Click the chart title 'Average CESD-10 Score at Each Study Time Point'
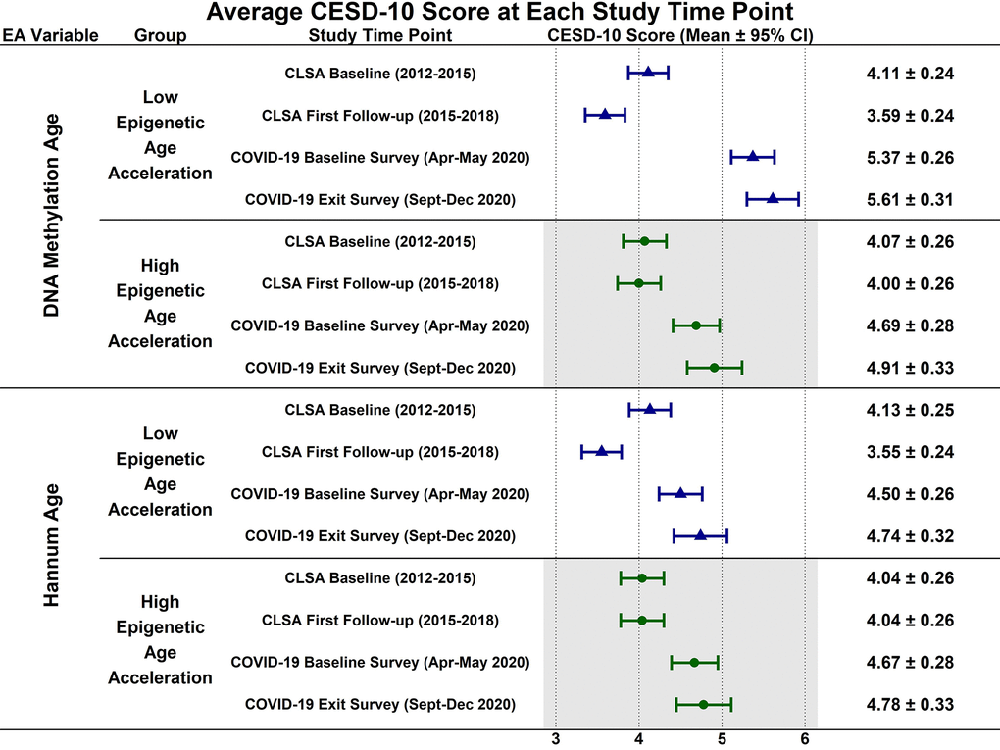click(499, 13)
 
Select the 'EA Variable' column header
click(50, 36)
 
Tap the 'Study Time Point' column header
click(380, 36)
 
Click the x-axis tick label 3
click(556, 740)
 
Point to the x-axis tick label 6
click(805, 740)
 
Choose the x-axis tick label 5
click(722, 740)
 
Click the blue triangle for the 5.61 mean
click(773, 198)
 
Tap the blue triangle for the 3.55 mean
click(601, 451)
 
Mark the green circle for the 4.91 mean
click(714, 368)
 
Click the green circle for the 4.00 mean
click(638, 283)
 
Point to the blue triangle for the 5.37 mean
click(752, 156)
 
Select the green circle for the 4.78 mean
click(703, 704)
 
